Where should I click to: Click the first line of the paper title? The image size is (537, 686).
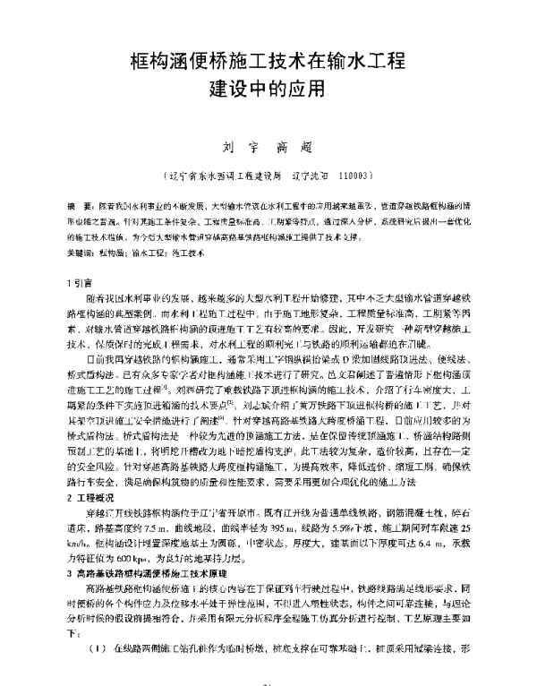268,62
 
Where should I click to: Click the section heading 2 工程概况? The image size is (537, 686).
92,522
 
